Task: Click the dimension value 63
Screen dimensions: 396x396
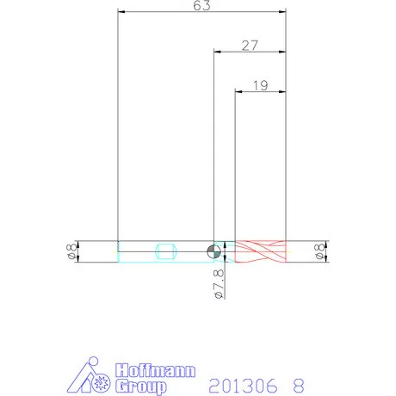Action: pyautogui.click(x=201, y=5)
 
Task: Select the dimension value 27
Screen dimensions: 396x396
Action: pyautogui.click(x=250, y=46)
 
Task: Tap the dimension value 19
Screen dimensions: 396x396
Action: pyautogui.click(x=261, y=85)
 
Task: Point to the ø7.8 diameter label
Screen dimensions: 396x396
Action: pyautogui.click(x=219, y=284)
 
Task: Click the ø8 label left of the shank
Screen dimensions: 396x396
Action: pyautogui.click(x=71, y=251)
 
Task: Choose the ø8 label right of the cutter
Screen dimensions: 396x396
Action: pyautogui.click(x=319, y=251)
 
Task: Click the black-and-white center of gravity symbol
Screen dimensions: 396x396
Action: pyautogui.click(x=213, y=251)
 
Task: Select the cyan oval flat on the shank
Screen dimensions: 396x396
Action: pyautogui.click(x=166, y=251)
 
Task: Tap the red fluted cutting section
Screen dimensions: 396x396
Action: pyautogui.click(x=260, y=251)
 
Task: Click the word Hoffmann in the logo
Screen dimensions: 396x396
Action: pyautogui.click(x=155, y=370)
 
